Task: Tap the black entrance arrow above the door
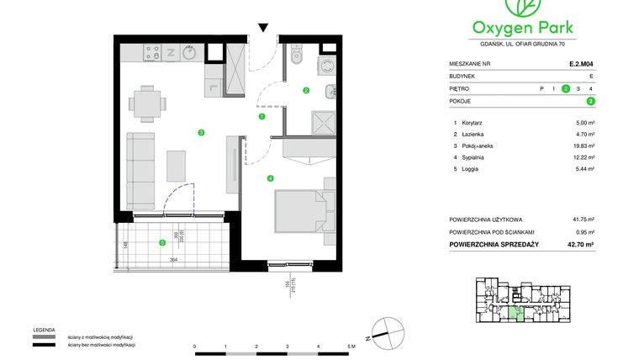pos(263,29)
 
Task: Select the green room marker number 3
pos(201,132)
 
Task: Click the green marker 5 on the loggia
pos(162,243)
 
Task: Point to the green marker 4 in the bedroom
pos(270,177)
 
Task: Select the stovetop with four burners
pos(154,52)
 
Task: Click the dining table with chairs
pos(148,105)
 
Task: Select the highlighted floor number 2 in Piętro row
pos(566,88)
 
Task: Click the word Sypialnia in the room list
pos(475,157)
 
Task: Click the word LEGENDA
pos(44,330)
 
